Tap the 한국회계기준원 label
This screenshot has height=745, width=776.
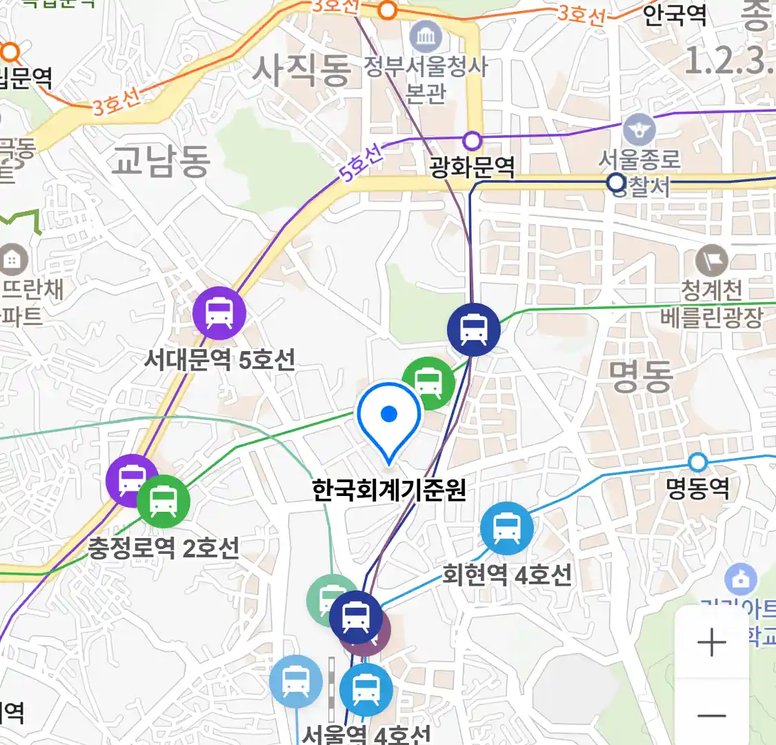(x=389, y=490)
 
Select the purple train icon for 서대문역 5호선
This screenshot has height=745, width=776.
(x=219, y=312)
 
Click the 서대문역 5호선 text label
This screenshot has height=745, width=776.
(x=219, y=359)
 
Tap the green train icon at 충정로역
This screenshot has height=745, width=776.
(x=163, y=501)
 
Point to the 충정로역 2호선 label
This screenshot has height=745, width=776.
(x=163, y=548)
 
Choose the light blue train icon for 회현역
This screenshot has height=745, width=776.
(x=507, y=528)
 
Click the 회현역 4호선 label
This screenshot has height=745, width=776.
(x=507, y=574)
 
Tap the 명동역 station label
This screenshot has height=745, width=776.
(x=697, y=488)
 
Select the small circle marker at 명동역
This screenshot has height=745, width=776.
(x=698, y=461)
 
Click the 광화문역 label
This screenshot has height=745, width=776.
(x=472, y=167)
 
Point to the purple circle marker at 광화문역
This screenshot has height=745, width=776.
(x=472, y=141)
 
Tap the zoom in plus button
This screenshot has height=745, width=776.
(x=711, y=643)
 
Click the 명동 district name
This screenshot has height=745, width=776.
(x=641, y=377)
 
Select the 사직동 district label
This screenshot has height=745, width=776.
(x=301, y=71)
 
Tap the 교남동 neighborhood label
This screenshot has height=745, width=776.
(x=161, y=161)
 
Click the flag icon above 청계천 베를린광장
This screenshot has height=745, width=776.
(x=711, y=261)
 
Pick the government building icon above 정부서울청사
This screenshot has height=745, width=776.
(x=426, y=36)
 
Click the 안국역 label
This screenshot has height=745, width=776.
(x=675, y=15)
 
